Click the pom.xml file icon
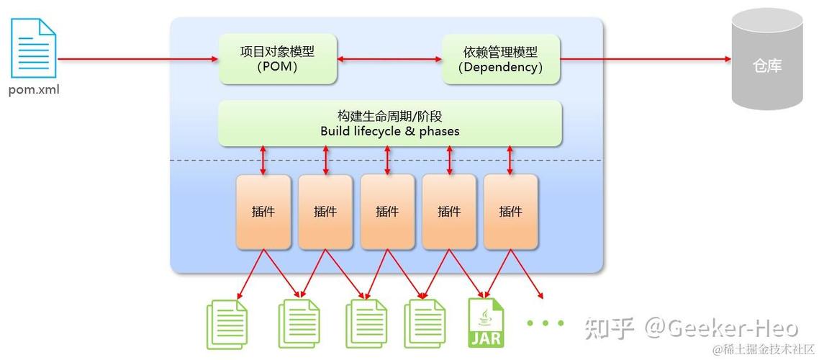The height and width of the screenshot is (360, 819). click(x=33, y=48)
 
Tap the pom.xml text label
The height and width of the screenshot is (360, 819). click(x=34, y=91)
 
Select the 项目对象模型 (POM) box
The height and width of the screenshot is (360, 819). click(x=277, y=59)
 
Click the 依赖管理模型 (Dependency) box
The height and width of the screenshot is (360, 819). click(x=500, y=59)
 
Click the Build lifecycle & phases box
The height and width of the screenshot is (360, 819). click(x=389, y=123)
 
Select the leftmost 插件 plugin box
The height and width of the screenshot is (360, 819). click(x=263, y=211)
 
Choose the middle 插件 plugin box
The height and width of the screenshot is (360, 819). click(x=387, y=211)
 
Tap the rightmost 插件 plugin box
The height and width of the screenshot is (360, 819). click(x=510, y=211)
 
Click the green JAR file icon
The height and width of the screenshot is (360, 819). click(x=487, y=323)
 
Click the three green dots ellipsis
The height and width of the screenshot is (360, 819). click(x=545, y=323)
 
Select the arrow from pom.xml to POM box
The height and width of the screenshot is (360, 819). click(x=137, y=59)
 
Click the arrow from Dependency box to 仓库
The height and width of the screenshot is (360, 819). click(x=645, y=59)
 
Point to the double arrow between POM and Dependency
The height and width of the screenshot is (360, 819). click(x=389, y=59)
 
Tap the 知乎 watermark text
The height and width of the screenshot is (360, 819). click(x=609, y=329)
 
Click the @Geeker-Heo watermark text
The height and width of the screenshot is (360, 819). click(x=720, y=329)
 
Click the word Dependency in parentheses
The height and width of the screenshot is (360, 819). click(x=500, y=68)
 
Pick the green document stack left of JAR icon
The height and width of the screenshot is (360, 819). click(x=424, y=324)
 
